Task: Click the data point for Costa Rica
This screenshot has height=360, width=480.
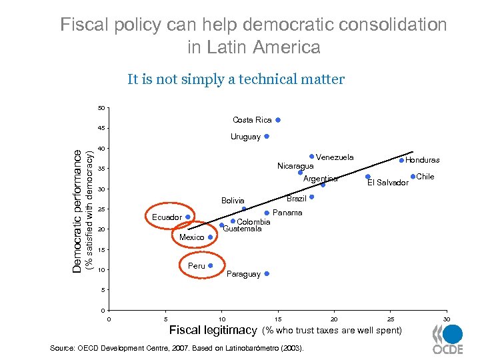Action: pos(278,120)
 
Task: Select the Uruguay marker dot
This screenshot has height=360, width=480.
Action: pos(267,136)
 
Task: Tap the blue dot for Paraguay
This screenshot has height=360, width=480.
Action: pos(267,273)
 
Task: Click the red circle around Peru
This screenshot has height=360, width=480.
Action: pos(201,266)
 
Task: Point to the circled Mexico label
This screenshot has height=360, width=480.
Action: pos(192,237)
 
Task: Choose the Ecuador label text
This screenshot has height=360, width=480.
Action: pos(167,217)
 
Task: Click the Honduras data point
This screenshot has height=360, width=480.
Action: pos(401,160)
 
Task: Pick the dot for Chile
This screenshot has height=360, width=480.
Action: pos(413,176)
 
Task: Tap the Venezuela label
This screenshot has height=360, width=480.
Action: pos(335,157)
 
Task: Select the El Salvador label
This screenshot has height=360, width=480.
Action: pos(388,183)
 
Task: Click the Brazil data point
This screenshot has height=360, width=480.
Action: pos(311,197)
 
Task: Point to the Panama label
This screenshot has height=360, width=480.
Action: pos(288,213)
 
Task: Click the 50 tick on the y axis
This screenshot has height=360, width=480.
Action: pos(101,108)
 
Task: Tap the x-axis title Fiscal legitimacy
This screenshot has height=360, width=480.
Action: pos(213,330)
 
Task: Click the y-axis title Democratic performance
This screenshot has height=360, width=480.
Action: pos(78,209)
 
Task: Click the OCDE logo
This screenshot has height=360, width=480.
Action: pos(447,340)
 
